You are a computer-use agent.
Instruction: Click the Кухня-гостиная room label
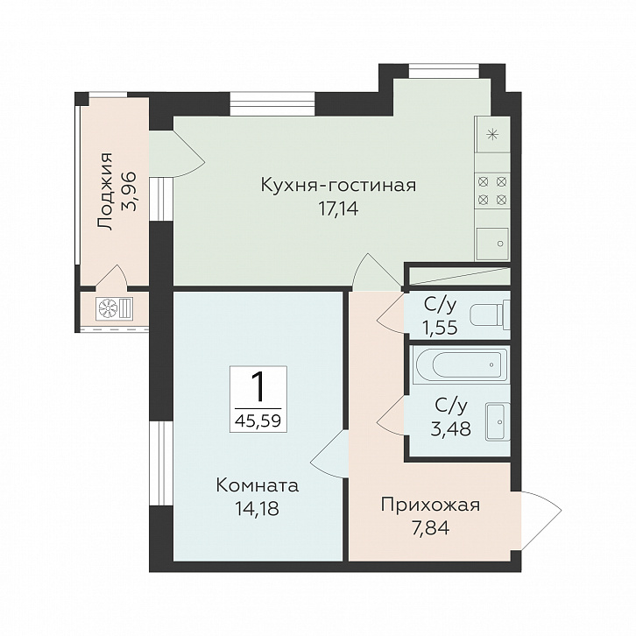click(x=338, y=186)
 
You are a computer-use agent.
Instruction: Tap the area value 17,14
click(x=339, y=209)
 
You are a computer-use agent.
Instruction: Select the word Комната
click(x=258, y=485)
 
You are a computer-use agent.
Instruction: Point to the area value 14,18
click(x=258, y=508)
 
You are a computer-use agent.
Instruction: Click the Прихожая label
click(x=430, y=505)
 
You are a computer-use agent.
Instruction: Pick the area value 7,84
click(x=431, y=528)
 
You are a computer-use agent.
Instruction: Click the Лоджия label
click(x=105, y=192)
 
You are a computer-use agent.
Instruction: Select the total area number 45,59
click(x=258, y=420)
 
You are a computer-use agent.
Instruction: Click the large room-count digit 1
click(x=258, y=387)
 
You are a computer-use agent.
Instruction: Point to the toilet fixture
click(x=490, y=314)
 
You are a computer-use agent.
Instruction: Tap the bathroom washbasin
click(x=498, y=422)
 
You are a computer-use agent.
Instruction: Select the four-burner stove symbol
click(x=492, y=190)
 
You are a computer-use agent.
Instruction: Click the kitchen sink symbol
click(x=492, y=244)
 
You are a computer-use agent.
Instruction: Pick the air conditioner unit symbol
click(x=114, y=308)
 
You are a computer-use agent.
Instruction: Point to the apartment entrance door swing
click(x=541, y=521)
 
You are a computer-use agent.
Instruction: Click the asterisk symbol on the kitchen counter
click(x=492, y=134)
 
